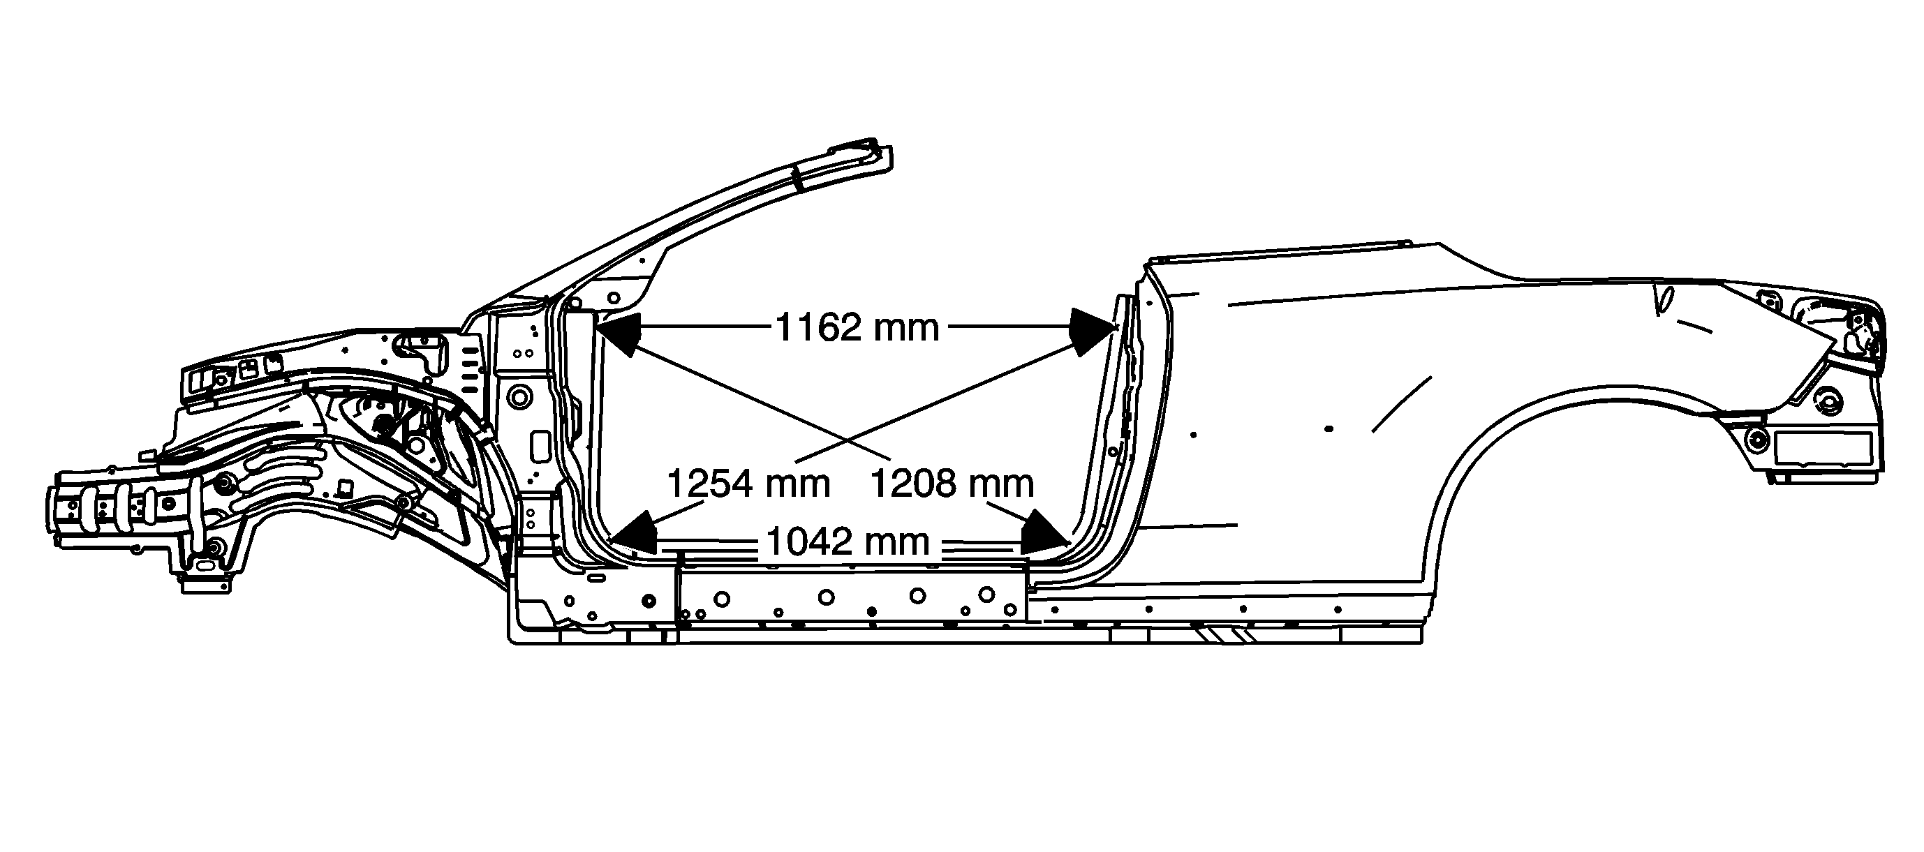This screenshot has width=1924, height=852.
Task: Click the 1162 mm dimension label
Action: point(857,327)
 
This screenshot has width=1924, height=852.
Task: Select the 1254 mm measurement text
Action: point(748,483)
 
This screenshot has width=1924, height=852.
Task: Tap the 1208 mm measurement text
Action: point(952,483)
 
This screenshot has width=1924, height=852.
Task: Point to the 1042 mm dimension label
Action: point(848,541)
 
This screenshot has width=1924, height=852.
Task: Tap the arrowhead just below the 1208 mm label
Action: point(1044,533)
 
